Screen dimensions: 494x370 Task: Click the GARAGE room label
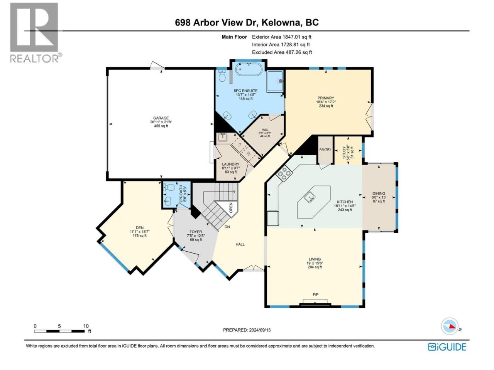coord(161,118)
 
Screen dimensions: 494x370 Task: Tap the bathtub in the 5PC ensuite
coord(249,69)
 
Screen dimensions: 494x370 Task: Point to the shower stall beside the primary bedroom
coord(275,81)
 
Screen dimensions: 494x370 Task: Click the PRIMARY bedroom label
coord(325,98)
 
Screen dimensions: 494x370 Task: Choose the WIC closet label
coord(265,130)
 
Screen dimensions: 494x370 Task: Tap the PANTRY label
coord(325,150)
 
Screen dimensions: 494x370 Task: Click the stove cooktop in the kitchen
coord(284,174)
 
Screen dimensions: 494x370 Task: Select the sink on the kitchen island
coord(310,197)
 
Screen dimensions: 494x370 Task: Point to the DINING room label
coord(379,193)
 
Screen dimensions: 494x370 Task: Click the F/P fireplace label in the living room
coord(316,294)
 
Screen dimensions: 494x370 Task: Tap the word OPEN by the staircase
coord(231,208)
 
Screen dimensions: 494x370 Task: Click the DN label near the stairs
coord(227,227)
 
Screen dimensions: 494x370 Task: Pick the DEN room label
coord(140,227)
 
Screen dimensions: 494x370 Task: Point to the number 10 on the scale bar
coord(86,326)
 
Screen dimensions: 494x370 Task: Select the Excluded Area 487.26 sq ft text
coord(282,52)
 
